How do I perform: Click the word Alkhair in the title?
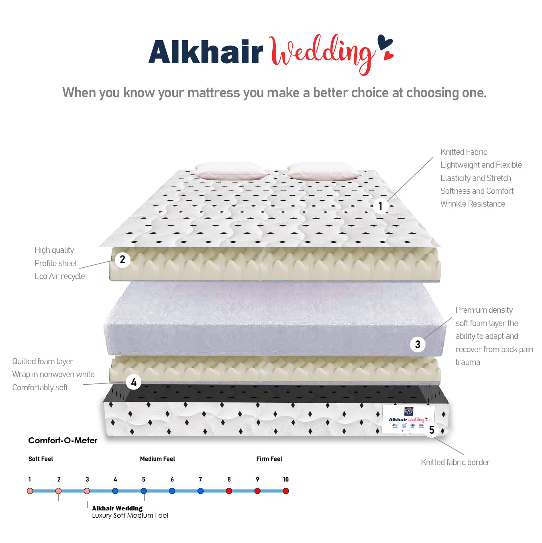[x=206, y=52]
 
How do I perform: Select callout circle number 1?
[x=381, y=206]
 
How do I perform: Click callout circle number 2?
[x=122, y=260]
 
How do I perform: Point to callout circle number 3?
[x=418, y=344]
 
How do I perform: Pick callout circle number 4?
[x=134, y=382]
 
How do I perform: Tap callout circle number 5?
[x=432, y=430]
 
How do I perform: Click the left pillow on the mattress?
[x=229, y=171]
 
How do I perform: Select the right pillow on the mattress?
[x=324, y=171]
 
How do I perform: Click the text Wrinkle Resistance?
[x=473, y=204]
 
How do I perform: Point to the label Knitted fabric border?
[x=455, y=462]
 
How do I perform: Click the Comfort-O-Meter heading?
[x=63, y=441]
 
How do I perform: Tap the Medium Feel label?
[x=157, y=459]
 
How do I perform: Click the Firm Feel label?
[x=269, y=459]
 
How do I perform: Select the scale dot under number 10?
[x=286, y=491]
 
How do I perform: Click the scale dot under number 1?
[x=30, y=491]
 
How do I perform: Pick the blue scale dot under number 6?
[x=172, y=491]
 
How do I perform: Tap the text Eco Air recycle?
[x=59, y=276]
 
